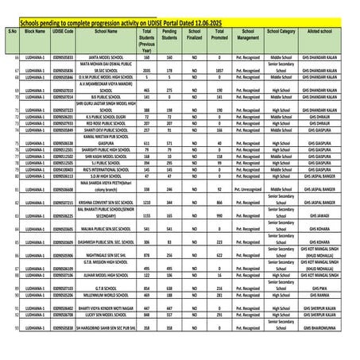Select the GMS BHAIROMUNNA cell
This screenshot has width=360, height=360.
(323, 327)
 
